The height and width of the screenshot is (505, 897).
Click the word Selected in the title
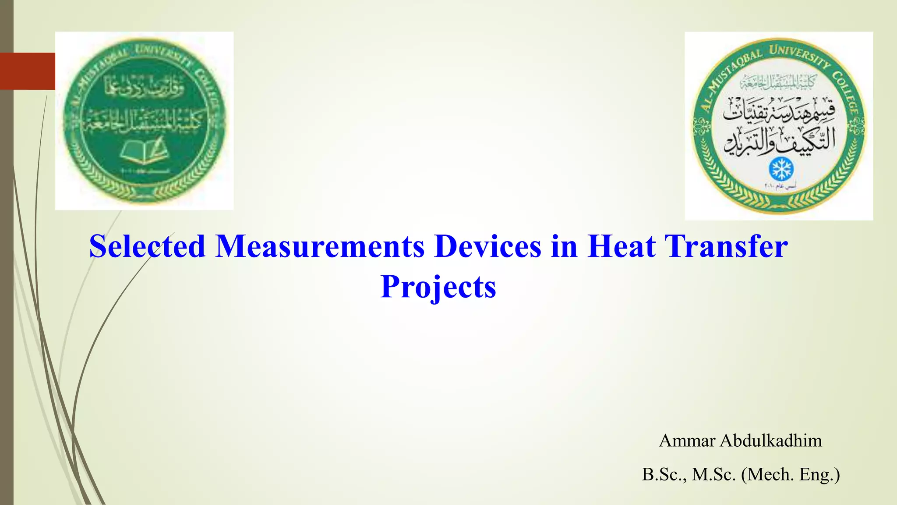click(x=147, y=246)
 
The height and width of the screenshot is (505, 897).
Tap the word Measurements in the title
click(x=320, y=246)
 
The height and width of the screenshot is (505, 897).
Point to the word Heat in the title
click(x=622, y=246)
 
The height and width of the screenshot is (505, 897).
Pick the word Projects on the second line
click(x=438, y=287)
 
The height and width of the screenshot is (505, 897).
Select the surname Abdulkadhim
click(x=771, y=441)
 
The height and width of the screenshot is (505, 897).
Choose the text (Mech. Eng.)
click(x=791, y=474)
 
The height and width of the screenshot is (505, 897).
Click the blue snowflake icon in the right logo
click(x=781, y=169)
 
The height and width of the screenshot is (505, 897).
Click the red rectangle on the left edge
click(x=28, y=71)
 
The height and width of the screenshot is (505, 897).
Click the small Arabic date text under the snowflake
click(x=780, y=186)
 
